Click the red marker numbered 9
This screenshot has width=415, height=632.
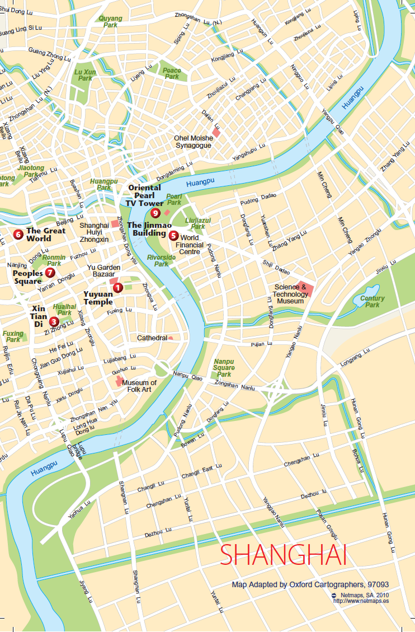(x=156, y=213)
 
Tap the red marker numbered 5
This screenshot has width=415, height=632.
(x=173, y=235)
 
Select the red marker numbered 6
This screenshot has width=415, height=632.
(x=18, y=234)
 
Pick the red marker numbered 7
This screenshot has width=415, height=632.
(x=50, y=273)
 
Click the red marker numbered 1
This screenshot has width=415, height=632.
(x=117, y=288)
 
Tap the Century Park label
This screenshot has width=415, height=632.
(x=372, y=302)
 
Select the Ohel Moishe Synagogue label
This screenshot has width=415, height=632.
(x=193, y=142)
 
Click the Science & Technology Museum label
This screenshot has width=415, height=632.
(x=290, y=294)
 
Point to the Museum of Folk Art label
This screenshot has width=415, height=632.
(x=139, y=386)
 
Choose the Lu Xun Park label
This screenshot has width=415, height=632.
(x=85, y=75)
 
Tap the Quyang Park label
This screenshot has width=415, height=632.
(x=110, y=22)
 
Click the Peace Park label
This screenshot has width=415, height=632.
(x=172, y=73)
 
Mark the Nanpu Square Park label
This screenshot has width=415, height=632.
(x=224, y=368)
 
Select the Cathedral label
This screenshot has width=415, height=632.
(x=152, y=338)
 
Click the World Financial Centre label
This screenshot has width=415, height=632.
(x=189, y=245)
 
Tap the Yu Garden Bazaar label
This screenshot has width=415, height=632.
(x=104, y=271)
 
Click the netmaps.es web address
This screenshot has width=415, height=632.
(x=360, y=601)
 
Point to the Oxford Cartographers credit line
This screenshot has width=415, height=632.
(x=310, y=584)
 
